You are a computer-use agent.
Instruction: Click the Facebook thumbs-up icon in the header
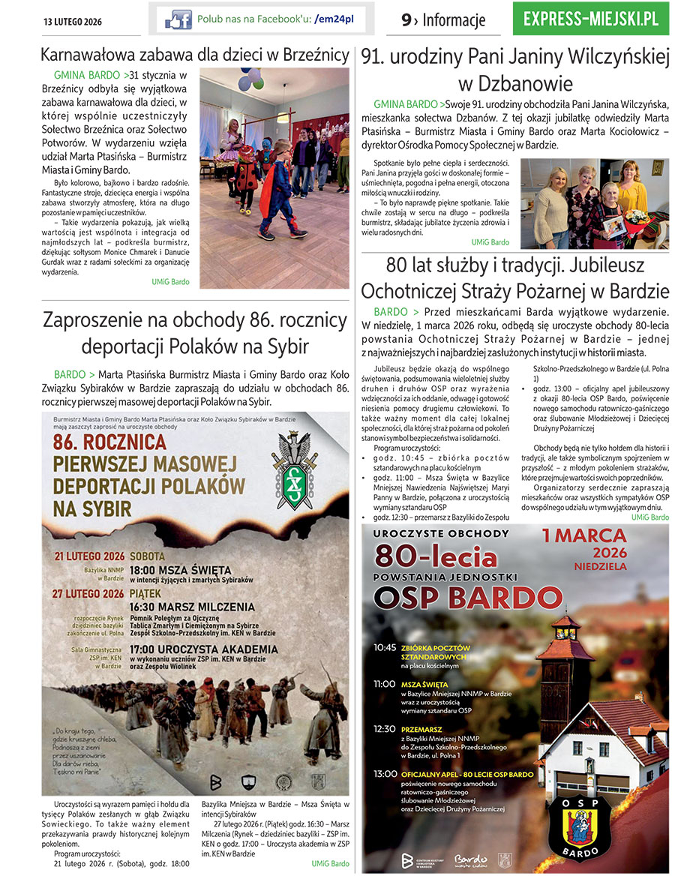(178, 19)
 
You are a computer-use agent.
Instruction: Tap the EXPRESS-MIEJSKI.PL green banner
(591, 19)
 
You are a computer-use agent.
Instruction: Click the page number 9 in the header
(406, 21)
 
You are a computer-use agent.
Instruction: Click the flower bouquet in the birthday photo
(636, 217)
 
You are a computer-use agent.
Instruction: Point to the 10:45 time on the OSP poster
(385, 647)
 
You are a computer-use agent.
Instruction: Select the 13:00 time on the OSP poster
(385, 773)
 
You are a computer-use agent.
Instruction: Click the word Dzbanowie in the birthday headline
(514, 82)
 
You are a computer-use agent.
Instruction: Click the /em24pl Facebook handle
(334, 19)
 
